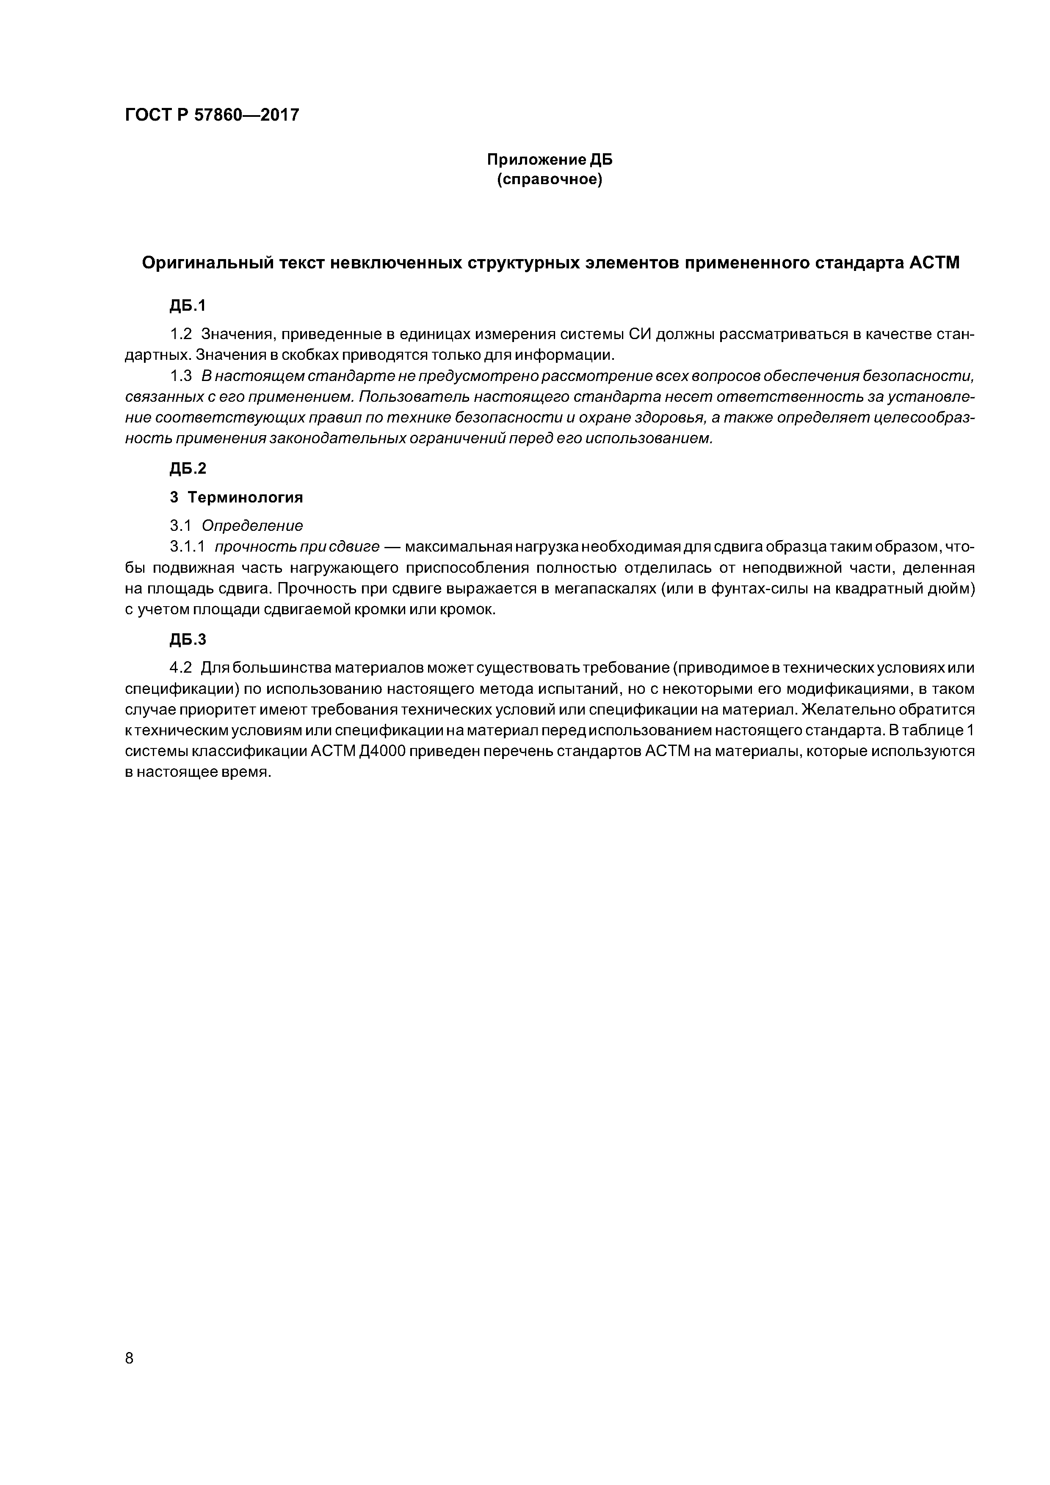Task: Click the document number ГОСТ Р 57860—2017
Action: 212,115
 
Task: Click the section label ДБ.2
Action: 188,468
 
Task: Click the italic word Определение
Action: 252,525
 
